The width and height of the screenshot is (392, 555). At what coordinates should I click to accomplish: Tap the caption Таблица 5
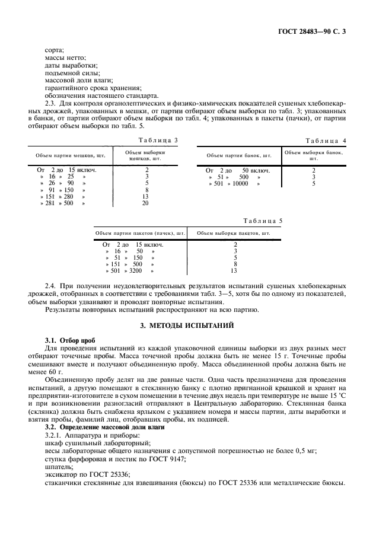263,221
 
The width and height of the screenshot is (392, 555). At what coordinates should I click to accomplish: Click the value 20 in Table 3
145,203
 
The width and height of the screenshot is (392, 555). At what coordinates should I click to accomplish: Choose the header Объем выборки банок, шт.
314,155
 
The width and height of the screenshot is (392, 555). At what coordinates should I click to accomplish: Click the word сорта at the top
55,50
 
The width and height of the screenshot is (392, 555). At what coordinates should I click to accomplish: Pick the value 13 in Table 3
145,196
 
